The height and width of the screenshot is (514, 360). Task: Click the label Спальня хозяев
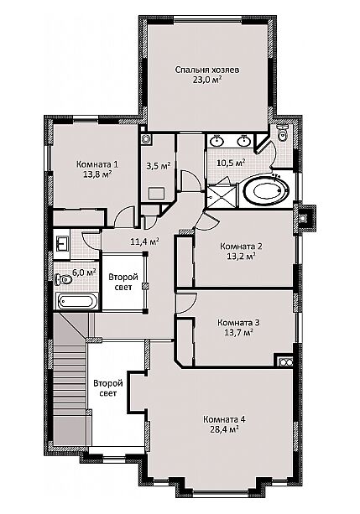point(207,70)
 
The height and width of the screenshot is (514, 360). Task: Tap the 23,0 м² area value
point(207,80)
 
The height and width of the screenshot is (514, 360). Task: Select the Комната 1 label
point(97,164)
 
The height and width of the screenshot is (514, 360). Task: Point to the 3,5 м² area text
point(158,165)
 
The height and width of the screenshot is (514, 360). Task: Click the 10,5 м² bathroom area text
point(232,163)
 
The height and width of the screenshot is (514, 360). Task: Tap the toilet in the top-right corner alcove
point(282,132)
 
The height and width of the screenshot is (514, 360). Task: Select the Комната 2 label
point(242,247)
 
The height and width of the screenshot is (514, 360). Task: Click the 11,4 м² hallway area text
point(145,242)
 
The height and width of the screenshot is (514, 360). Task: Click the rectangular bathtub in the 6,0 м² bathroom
point(76,301)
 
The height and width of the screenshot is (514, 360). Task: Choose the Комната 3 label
point(239,323)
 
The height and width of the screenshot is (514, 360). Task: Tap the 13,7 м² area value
point(239,333)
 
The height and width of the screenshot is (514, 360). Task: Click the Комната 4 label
point(224,419)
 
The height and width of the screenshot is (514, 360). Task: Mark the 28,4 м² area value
point(224,429)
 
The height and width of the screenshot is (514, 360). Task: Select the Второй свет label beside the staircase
point(108,388)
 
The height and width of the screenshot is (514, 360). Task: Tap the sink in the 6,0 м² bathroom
point(62,242)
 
